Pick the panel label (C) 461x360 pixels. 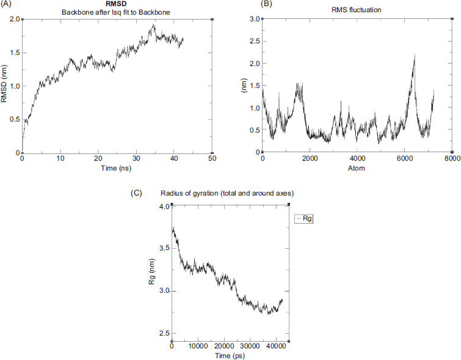pyautogui.click(x=139, y=193)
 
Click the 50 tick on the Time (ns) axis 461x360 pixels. pyautogui.click(x=212, y=158)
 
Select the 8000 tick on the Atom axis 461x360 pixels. pyautogui.click(x=451, y=158)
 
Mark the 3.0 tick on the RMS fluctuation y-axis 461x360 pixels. pyautogui.click(x=254, y=19)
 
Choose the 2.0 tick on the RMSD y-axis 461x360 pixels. pyautogui.click(x=14, y=19)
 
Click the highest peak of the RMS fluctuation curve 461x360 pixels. pyautogui.click(x=415, y=55)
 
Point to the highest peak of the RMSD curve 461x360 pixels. pyautogui.click(x=154, y=25)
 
